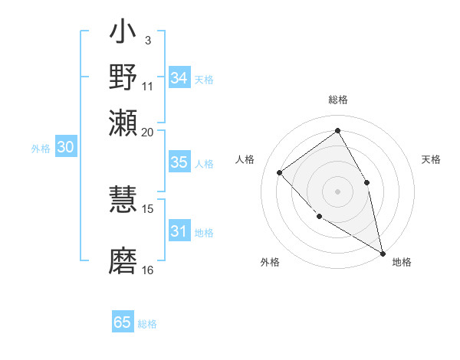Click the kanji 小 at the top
[x=123, y=34]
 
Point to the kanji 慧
[x=123, y=201]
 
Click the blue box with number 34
[x=179, y=78]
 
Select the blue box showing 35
[x=179, y=162]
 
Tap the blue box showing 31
[x=179, y=231]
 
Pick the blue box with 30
[x=65, y=148]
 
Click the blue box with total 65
[x=123, y=322]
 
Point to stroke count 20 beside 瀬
[x=148, y=132]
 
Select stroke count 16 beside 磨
[x=148, y=270]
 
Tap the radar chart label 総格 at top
[x=337, y=100]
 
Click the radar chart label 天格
[x=431, y=159]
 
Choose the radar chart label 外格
[x=270, y=262]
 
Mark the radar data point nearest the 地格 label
[x=383, y=252]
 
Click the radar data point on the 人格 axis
[x=280, y=173]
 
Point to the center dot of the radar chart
[x=337, y=191]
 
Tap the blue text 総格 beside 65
[x=147, y=323]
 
